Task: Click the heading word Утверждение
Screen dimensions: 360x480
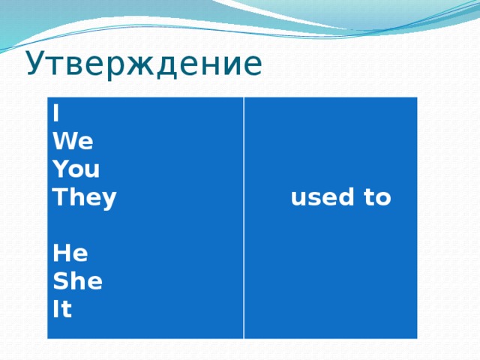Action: [x=144, y=64]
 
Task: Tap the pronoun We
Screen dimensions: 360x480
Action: [x=73, y=142]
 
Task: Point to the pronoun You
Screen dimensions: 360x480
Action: [x=76, y=169]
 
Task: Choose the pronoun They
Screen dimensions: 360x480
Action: [x=85, y=198]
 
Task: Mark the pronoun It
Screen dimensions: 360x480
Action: [x=62, y=310]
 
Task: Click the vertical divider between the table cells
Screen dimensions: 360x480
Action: [x=244, y=217]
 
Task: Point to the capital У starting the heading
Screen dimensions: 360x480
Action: [x=35, y=65]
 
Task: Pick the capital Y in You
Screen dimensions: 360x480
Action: [x=59, y=169]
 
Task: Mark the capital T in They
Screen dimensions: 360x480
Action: [x=58, y=198]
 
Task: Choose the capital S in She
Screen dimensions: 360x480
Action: [x=60, y=282]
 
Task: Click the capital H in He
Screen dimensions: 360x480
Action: [x=61, y=254]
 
